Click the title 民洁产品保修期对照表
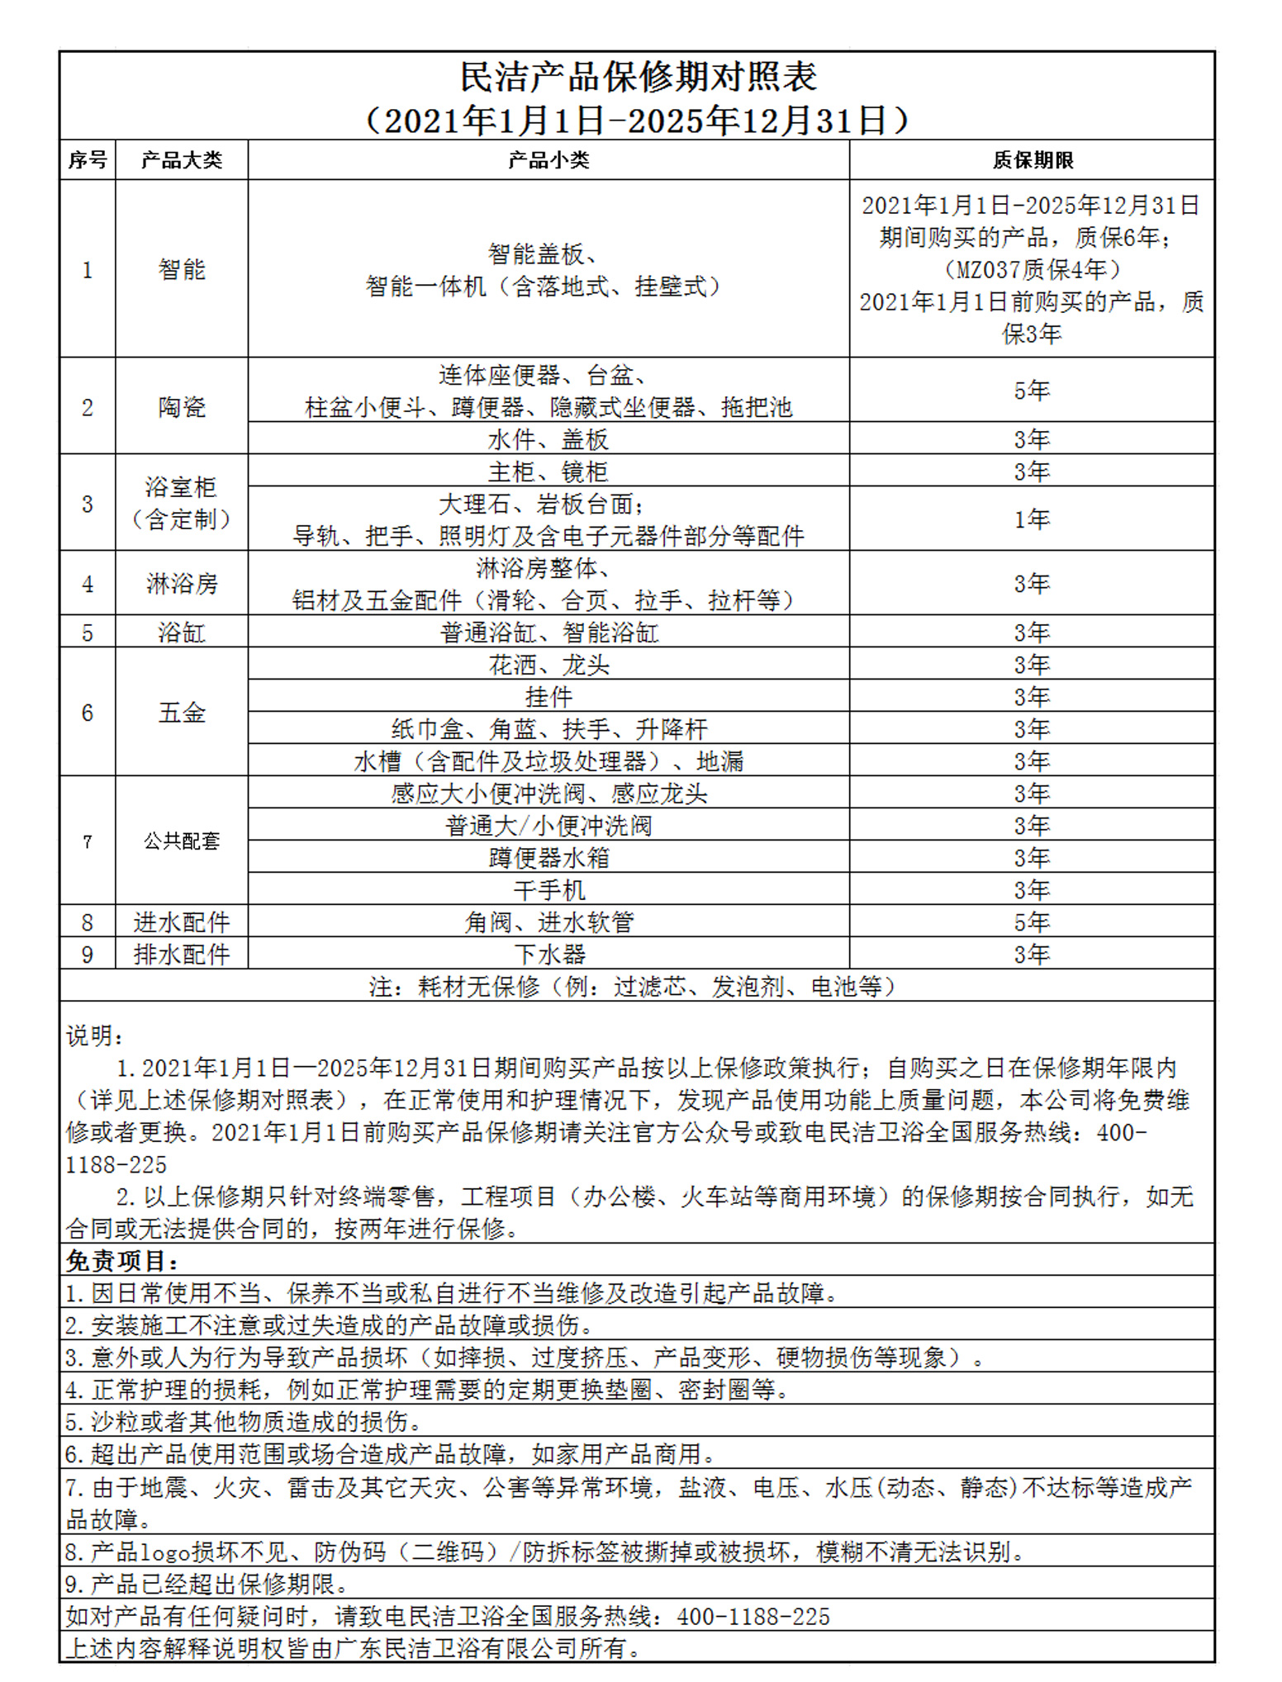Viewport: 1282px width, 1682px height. [638, 77]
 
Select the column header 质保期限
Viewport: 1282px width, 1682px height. [1032, 160]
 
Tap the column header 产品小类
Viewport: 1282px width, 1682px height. [548, 160]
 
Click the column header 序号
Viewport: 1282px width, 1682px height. [88, 160]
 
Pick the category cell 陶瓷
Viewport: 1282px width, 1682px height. [182, 406]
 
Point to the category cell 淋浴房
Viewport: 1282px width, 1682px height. [182, 584]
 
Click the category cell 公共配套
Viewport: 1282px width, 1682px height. [182, 841]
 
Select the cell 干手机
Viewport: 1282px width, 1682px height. [548, 890]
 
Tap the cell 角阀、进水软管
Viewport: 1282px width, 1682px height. [548, 922]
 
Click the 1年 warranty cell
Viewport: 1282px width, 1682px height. [1032, 519]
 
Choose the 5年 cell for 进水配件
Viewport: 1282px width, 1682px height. [1032, 922]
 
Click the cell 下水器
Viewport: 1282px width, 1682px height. [548, 955]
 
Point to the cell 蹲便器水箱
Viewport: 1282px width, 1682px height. [548, 858]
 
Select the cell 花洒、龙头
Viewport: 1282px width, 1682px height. [548, 665]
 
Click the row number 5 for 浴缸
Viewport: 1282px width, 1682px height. [88, 633]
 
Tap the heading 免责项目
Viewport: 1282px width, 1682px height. [122, 1261]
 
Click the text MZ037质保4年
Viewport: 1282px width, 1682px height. [1032, 269]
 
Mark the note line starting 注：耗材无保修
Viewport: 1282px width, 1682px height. [633, 987]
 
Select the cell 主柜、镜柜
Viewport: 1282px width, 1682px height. [548, 471]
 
